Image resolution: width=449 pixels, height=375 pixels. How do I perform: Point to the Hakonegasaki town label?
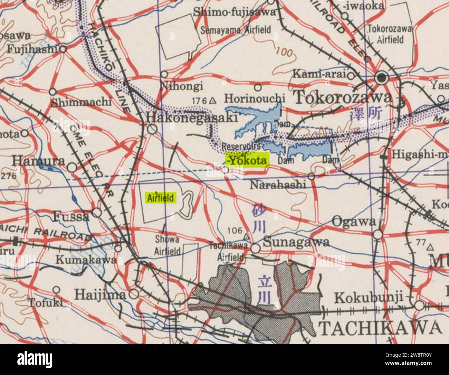tap(192, 118)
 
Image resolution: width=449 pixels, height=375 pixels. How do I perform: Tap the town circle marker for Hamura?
tap(72, 168)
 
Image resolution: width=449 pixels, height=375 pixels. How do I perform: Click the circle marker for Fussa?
tap(97, 212)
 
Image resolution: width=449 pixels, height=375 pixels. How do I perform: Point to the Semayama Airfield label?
tap(236, 30)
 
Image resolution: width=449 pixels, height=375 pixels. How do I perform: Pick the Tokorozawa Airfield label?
tap(390, 34)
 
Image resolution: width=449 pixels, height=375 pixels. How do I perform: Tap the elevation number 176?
tap(199, 101)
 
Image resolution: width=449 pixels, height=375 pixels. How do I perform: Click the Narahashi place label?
tap(278, 184)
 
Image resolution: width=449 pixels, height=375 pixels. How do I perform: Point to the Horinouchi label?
tap(253, 99)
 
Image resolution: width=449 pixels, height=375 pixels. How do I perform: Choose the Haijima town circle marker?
tap(134, 294)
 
